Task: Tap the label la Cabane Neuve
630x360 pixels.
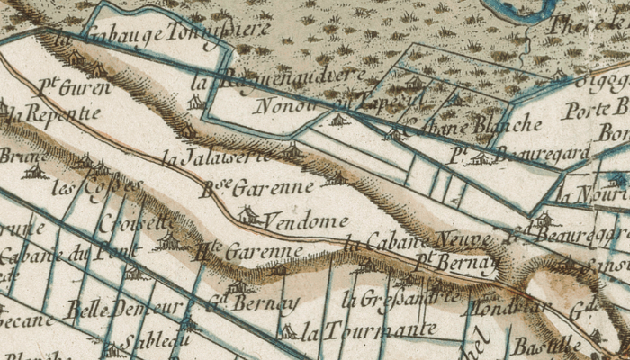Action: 418,240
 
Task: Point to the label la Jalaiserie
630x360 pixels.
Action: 215,157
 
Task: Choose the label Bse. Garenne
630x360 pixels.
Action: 256,188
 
